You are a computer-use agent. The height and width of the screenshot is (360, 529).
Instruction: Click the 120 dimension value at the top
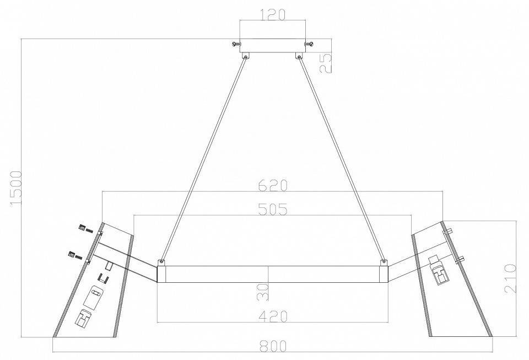(x=273, y=14)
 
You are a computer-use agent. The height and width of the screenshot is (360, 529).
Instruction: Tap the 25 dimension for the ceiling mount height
(x=326, y=63)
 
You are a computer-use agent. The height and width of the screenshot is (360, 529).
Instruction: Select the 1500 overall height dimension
(x=16, y=187)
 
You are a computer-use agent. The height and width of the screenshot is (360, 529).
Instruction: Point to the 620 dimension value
(x=273, y=185)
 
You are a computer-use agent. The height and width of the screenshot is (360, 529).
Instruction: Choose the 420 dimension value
(x=273, y=316)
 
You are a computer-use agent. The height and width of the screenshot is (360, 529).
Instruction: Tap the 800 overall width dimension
(x=273, y=346)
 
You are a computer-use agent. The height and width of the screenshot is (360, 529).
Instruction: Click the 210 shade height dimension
(x=510, y=279)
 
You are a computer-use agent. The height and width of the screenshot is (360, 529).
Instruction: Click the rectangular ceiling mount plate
(x=273, y=46)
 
